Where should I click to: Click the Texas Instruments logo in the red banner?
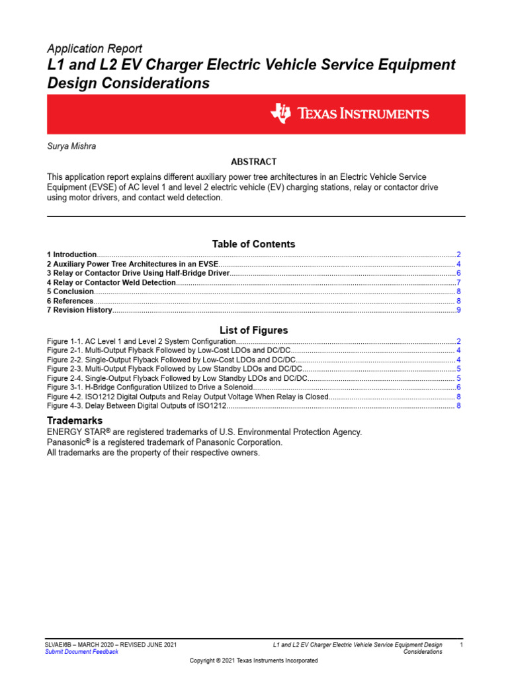pyautogui.click(x=350, y=114)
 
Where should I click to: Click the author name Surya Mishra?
pyautogui.click(x=71, y=146)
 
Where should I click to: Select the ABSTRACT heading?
pyautogui.click(x=253, y=162)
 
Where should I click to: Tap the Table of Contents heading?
pyautogui.click(x=253, y=244)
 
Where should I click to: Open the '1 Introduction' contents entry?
pyautogui.click(x=72, y=255)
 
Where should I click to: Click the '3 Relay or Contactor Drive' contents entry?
pyautogui.click(x=138, y=273)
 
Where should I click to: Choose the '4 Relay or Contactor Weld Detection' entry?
pyautogui.click(x=111, y=282)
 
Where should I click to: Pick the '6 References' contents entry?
pyautogui.click(x=69, y=301)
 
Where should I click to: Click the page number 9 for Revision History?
pyautogui.click(x=458, y=310)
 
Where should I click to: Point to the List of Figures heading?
pyautogui.click(x=253, y=330)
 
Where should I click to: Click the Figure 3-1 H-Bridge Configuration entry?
pyautogui.click(x=149, y=387)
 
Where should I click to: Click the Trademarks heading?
pyautogui.click(x=75, y=420)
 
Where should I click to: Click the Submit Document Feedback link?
pyautogui.click(x=81, y=651)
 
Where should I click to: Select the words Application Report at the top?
pyautogui.click(x=95, y=49)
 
